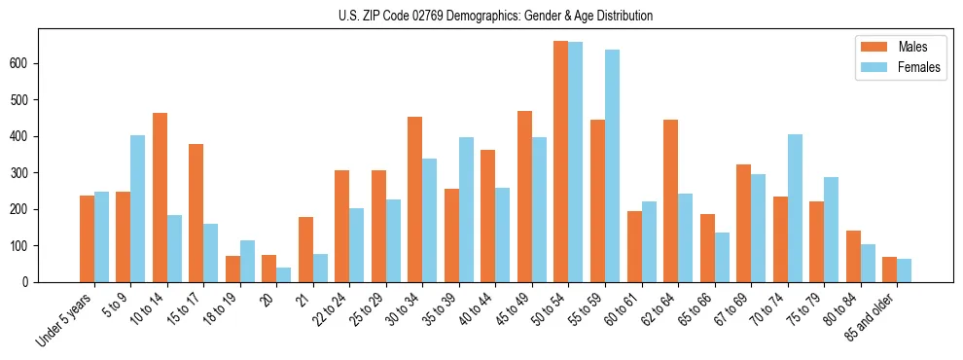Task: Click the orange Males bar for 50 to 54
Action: point(560,162)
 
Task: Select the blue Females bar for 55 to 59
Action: point(612,166)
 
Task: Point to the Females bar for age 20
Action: point(283,274)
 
